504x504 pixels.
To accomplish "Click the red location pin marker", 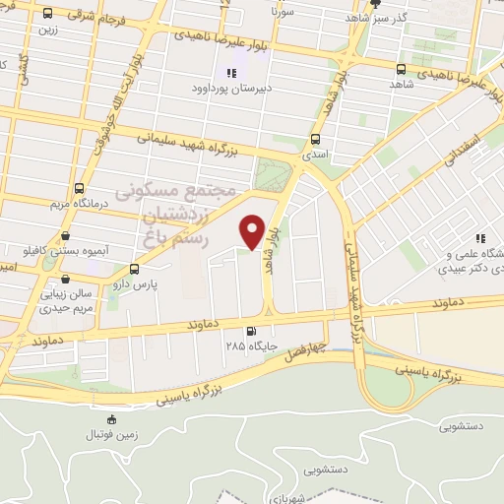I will tap(253, 230).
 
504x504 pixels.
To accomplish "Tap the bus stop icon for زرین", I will tap(47, 15).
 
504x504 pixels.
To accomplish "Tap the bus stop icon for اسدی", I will tap(315, 139).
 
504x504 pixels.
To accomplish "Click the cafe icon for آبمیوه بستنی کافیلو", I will tap(65, 236).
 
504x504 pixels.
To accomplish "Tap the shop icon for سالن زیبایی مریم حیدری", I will tap(44, 292).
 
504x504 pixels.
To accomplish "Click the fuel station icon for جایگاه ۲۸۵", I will tap(252, 332).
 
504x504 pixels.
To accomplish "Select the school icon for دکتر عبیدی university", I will tap(481, 238).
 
